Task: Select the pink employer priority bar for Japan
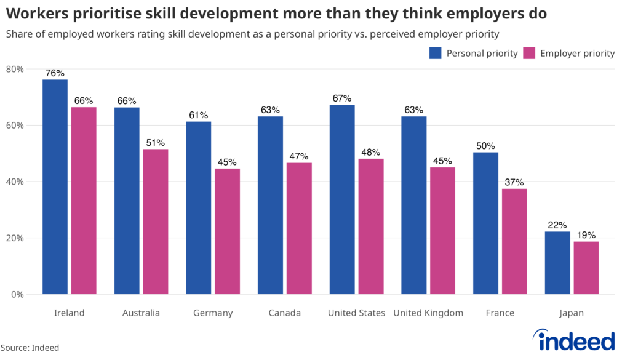point(586,268)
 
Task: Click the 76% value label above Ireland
point(55,73)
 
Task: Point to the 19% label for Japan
point(586,235)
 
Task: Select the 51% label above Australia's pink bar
point(156,143)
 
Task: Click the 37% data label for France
point(514,182)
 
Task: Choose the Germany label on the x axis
point(213,313)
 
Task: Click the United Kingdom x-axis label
point(428,313)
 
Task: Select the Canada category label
point(285,313)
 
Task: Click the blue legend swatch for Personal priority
point(436,53)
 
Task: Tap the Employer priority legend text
point(577,53)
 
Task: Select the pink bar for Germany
point(227,231)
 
